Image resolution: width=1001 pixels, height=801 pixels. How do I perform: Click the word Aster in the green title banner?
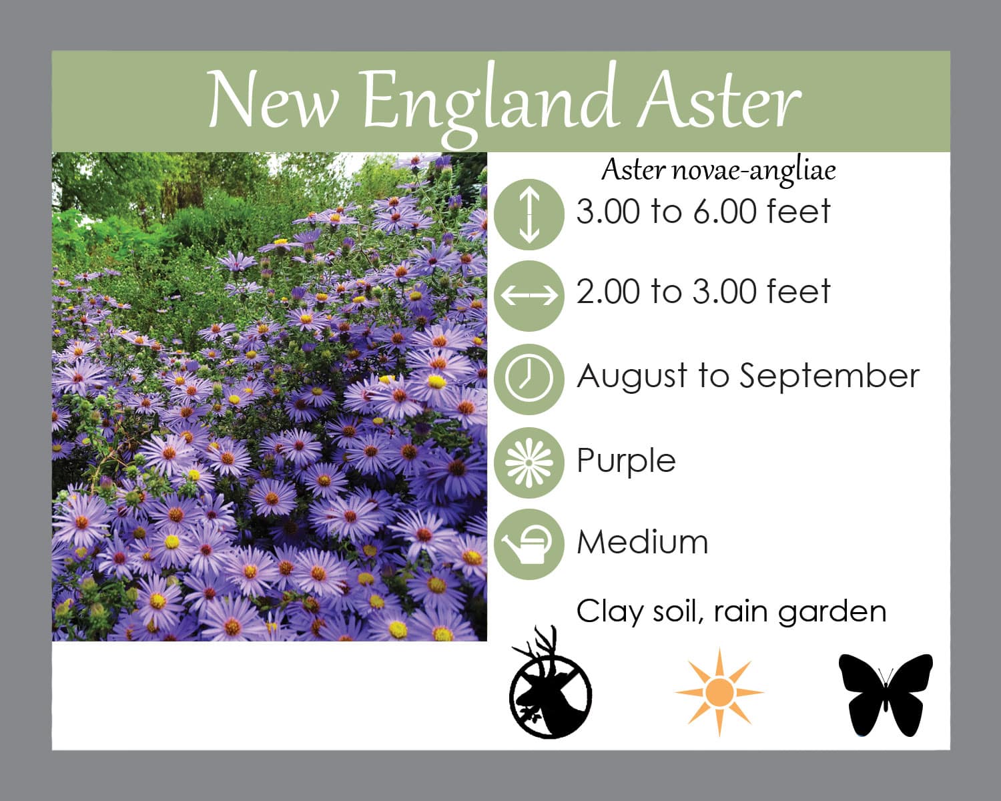[x=719, y=99]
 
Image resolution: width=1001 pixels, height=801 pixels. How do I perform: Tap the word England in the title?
[x=486, y=103]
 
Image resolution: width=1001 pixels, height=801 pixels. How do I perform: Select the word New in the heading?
[x=273, y=99]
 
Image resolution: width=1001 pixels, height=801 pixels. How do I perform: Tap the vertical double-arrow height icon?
[x=529, y=214]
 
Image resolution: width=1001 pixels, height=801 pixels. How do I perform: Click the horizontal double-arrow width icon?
[x=529, y=296]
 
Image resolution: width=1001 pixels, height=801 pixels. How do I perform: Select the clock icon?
[x=529, y=379]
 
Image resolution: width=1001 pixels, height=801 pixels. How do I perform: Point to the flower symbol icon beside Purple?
[x=529, y=463]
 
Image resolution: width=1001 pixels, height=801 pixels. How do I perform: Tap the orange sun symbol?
[x=719, y=692]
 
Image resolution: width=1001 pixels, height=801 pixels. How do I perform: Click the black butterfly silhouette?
[x=886, y=696]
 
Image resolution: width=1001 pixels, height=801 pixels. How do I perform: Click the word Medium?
[x=643, y=543]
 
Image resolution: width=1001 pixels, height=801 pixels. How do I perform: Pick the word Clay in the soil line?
[x=610, y=612]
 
